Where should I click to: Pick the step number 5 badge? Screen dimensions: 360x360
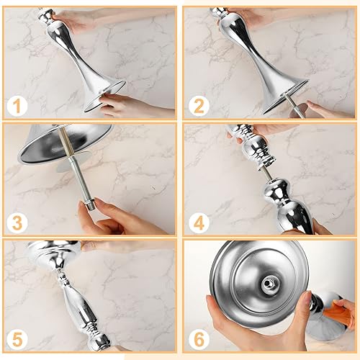click(17, 336)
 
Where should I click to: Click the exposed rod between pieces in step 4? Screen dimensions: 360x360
click(266, 173)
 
